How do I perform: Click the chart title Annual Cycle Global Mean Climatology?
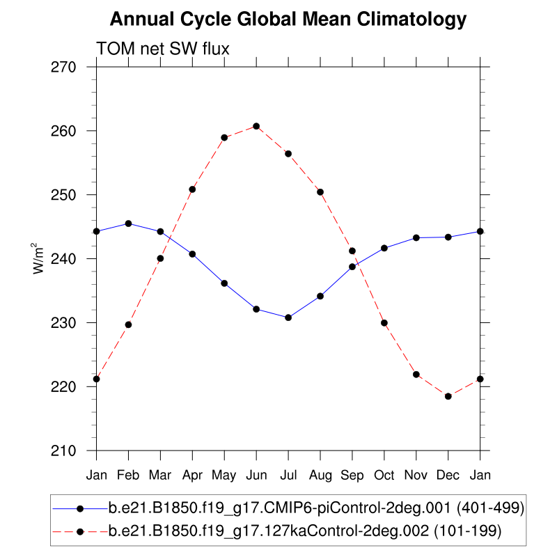(x=288, y=19)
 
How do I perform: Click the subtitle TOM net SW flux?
(x=163, y=49)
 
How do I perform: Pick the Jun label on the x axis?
(x=256, y=476)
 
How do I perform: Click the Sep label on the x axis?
(x=352, y=476)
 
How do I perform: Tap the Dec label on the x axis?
(x=448, y=476)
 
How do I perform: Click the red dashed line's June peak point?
(x=256, y=126)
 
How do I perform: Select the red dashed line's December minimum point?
(x=448, y=396)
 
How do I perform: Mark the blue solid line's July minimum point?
(x=288, y=317)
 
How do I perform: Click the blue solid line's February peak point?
(x=128, y=223)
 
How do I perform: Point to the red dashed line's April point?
(x=192, y=189)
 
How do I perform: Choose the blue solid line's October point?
(x=384, y=248)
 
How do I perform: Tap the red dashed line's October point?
(x=384, y=322)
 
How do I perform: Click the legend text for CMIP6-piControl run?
(x=316, y=508)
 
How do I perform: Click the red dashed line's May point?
(x=224, y=137)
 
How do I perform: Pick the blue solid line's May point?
(x=224, y=283)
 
